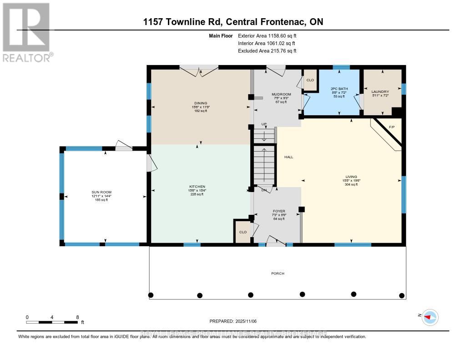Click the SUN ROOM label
click(x=101, y=192)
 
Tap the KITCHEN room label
click(x=198, y=187)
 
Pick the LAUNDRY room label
click(x=380, y=91)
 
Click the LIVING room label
click(x=351, y=177)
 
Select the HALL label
click(x=289, y=157)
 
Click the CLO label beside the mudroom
click(x=310, y=80)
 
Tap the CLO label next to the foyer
click(x=243, y=232)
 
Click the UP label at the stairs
click(x=263, y=124)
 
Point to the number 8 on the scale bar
click(x=77, y=317)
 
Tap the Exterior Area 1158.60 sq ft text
click(x=267, y=35)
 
